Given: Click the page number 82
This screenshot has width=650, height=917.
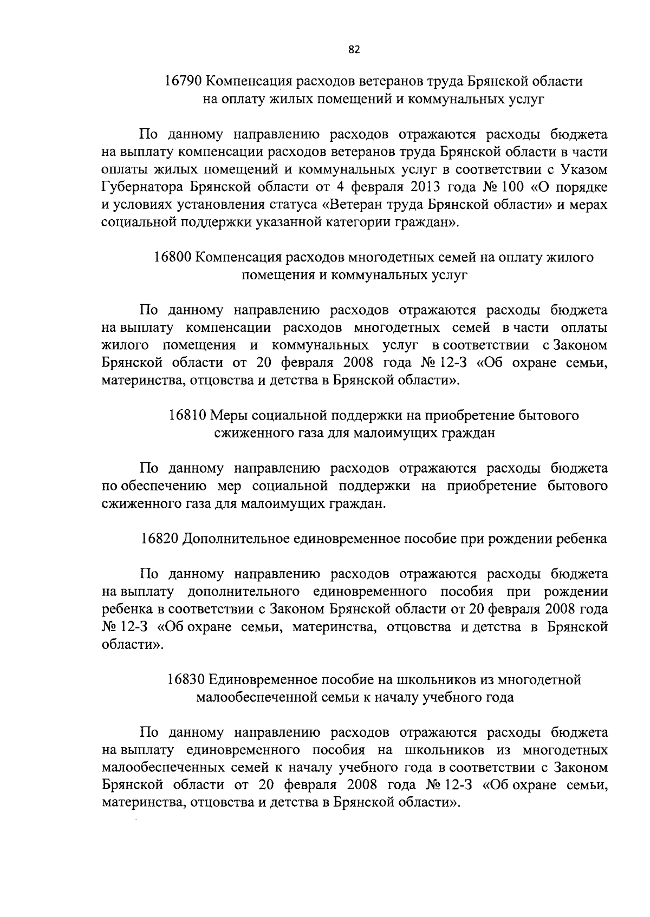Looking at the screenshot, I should pos(354,50).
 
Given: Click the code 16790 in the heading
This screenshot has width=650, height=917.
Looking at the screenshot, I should pos(183,82).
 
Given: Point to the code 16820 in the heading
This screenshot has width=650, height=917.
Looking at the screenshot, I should pos(159,539).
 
